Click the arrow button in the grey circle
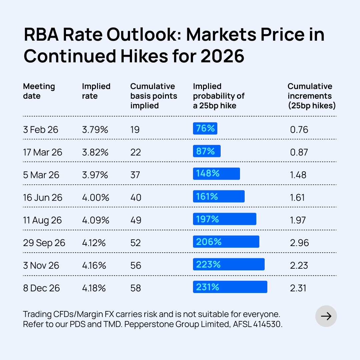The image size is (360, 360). (x=326, y=316)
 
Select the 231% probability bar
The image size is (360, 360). (x=230, y=287)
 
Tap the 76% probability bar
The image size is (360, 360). (x=205, y=128)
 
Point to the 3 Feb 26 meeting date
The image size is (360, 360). (x=41, y=130)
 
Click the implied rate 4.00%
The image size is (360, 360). (x=96, y=198)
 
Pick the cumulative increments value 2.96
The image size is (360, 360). (x=300, y=243)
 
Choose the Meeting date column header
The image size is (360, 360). (x=39, y=91)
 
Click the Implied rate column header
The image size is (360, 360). (x=96, y=91)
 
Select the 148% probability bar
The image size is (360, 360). (x=216, y=174)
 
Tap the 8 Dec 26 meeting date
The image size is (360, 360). (x=42, y=288)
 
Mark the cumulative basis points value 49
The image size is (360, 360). (x=136, y=220)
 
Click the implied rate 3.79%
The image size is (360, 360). (x=95, y=130)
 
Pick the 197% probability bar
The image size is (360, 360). (x=224, y=219)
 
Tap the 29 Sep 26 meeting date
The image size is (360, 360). (x=44, y=243)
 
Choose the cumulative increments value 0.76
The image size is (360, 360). (x=299, y=130)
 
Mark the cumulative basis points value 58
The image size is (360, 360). (x=136, y=288)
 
